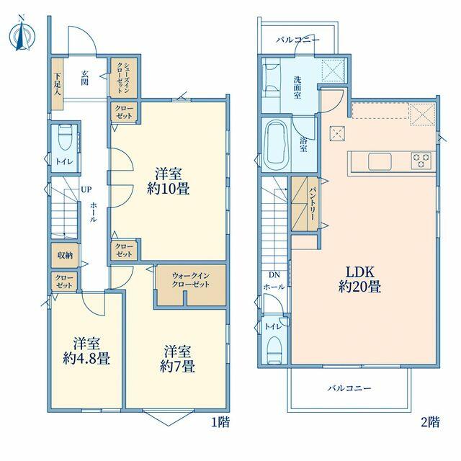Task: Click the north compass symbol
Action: click(x=22, y=35)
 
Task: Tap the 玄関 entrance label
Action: click(x=85, y=78)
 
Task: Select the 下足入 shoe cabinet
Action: click(x=58, y=84)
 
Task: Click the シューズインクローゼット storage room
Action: click(x=123, y=78)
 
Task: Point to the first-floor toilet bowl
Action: click(x=66, y=139)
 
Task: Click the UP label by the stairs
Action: click(x=86, y=189)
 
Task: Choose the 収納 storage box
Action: click(x=65, y=255)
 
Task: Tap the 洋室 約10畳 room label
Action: click(x=169, y=182)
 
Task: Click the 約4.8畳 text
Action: click(x=86, y=359)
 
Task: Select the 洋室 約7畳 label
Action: click(x=177, y=359)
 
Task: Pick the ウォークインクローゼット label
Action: click(x=190, y=280)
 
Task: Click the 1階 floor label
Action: click(x=220, y=423)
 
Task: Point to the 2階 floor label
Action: click(x=431, y=423)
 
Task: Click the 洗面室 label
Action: click(x=297, y=87)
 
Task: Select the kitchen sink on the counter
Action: click(x=380, y=161)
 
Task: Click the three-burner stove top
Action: click(x=421, y=161)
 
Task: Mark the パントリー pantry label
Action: click(x=312, y=203)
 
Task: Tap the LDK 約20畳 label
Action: click(x=359, y=279)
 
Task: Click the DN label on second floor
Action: click(x=274, y=275)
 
